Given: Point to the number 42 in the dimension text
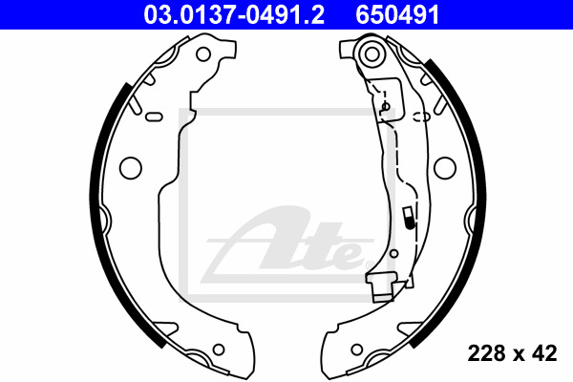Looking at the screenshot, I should [x=545, y=354].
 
